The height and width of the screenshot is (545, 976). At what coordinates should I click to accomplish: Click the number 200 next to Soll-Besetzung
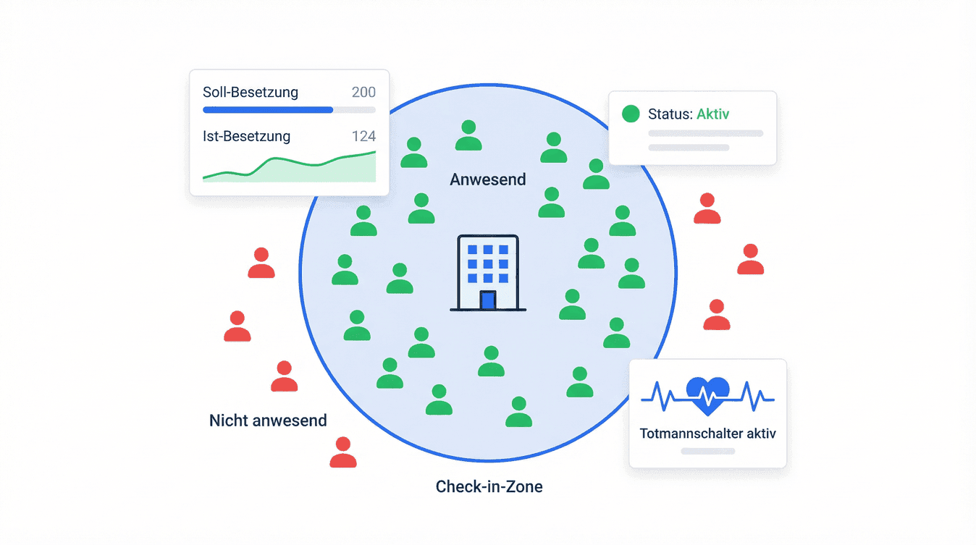click(363, 92)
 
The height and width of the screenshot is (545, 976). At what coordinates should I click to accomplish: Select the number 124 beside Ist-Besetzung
click(363, 136)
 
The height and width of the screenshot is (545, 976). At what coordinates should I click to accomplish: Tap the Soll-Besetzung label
click(251, 92)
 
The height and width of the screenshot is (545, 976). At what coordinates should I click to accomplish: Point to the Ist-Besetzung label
click(247, 136)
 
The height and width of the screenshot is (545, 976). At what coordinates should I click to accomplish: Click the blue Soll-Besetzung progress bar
click(268, 110)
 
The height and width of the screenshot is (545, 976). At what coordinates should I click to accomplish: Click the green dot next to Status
click(631, 114)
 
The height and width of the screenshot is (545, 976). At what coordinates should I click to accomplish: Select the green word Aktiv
click(712, 114)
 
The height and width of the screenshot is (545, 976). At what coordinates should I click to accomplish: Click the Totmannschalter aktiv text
click(707, 434)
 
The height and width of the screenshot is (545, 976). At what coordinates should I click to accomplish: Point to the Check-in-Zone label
click(489, 486)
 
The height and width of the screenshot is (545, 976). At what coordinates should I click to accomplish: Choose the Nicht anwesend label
click(268, 420)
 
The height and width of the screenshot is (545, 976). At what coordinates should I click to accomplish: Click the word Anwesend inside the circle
click(488, 179)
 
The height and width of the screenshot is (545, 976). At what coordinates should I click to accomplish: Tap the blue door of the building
click(488, 300)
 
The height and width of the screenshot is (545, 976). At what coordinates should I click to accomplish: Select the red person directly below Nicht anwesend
click(342, 452)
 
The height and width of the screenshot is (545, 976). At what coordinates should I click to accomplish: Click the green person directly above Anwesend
click(468, 135)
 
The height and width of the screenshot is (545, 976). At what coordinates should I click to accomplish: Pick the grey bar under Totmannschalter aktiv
click(707, 451)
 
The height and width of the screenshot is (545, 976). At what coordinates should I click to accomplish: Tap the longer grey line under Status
click(705, 133)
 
